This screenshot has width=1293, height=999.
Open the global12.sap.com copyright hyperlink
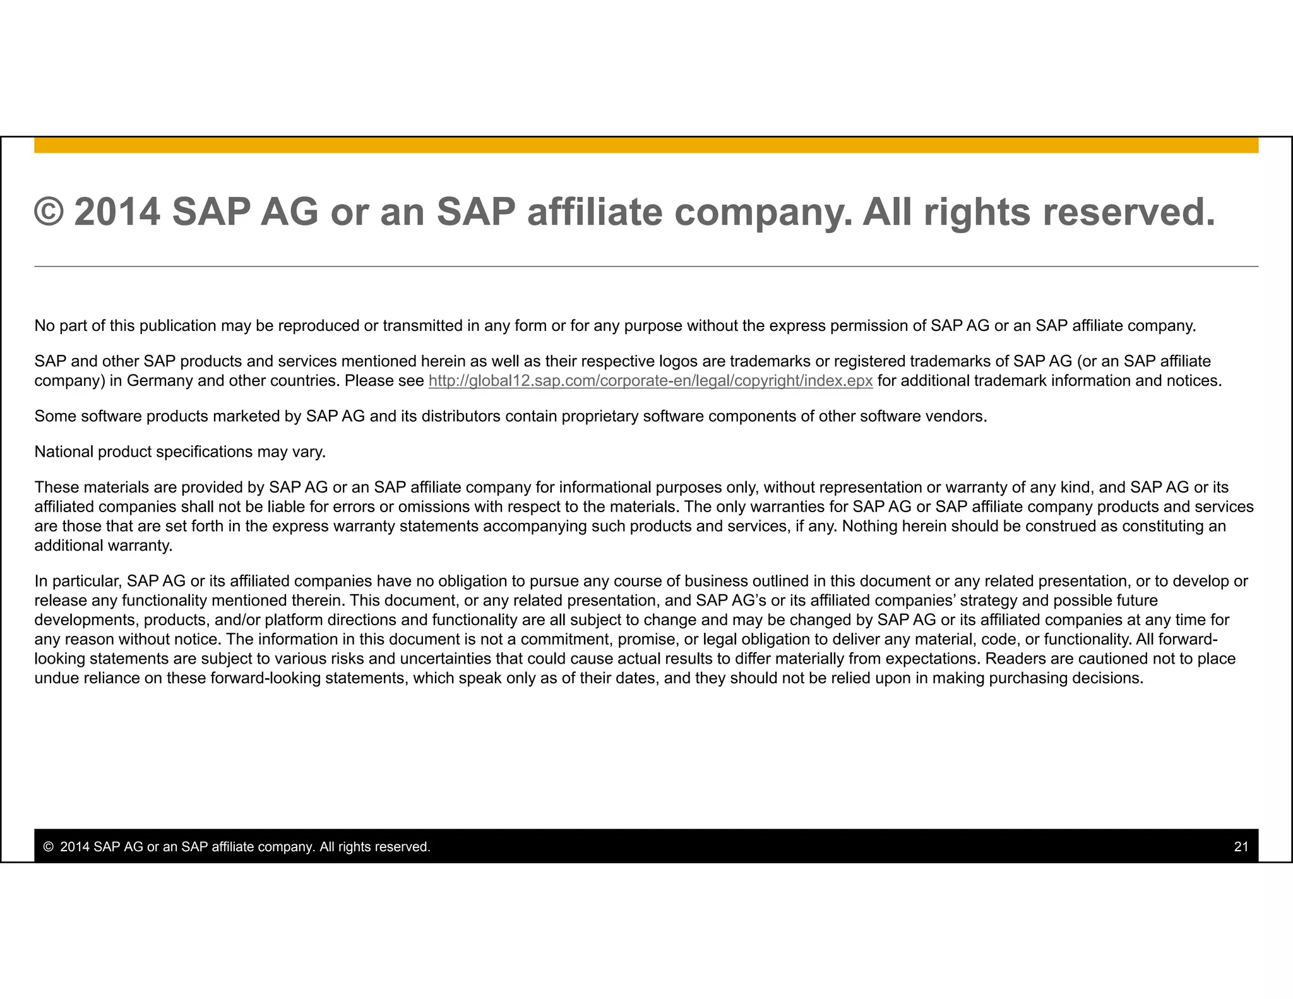pyautogui.click(x=650, y=381)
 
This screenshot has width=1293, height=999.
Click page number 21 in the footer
pyautogui.click(x=1241, y=847)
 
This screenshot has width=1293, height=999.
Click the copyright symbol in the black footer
pyautogui.click(x=48, y=847)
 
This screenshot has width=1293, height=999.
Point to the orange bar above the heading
pyautogui.click(x=646, y=145)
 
